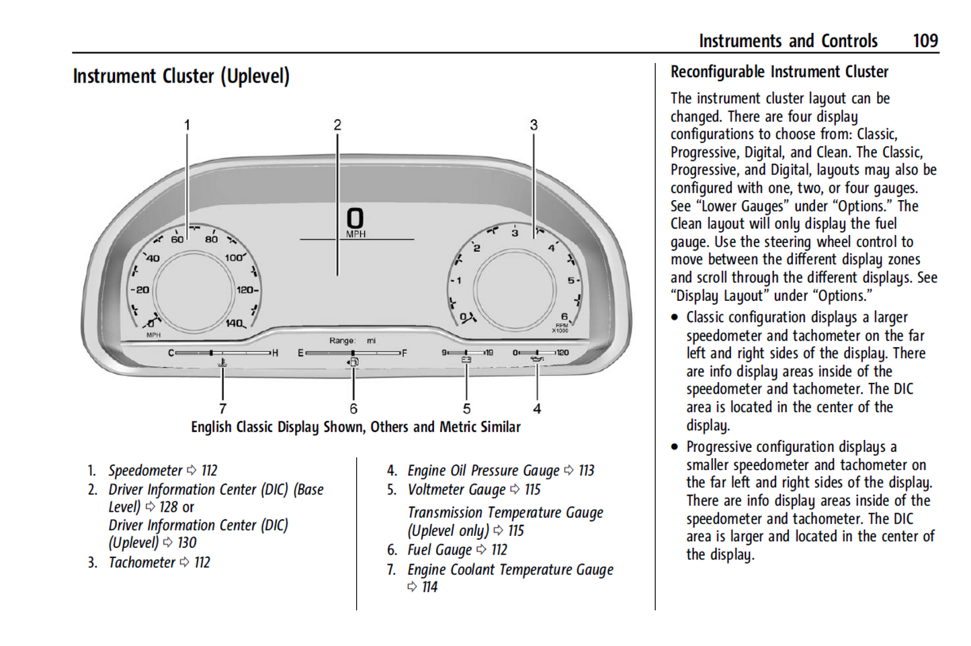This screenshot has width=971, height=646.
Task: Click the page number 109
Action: pos(925,41)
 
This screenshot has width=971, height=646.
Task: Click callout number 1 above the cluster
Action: pos(187,125)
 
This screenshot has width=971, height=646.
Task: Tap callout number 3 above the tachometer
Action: pos(534,125)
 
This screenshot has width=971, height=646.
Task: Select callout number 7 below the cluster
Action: pos(222,408)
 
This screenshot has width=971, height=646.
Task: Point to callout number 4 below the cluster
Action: pos(537,408)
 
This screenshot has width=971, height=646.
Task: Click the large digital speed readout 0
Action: pos(355,218)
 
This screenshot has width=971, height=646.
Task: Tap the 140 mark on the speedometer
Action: pos(234,324)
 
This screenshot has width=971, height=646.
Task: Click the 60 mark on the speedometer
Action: pos(177,239)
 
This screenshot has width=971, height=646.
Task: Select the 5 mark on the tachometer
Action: pos(571,281)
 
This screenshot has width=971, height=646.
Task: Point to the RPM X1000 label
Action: pos(561,328)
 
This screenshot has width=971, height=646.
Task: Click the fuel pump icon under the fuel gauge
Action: pos(353,363)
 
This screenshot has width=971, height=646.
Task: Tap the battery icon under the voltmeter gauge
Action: pos(466,361)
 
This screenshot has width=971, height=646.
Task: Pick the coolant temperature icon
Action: pos(222,363)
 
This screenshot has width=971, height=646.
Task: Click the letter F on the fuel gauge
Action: pos(404,353)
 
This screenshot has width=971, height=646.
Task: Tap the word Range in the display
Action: pos(342,341)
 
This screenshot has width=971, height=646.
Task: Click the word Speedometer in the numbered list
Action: pos(145,471)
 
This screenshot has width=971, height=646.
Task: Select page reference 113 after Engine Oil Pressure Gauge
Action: pos(587,471)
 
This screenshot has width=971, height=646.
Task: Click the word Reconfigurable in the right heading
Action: pos(717,72)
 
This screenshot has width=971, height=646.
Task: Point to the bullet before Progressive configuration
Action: pos(675,447)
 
